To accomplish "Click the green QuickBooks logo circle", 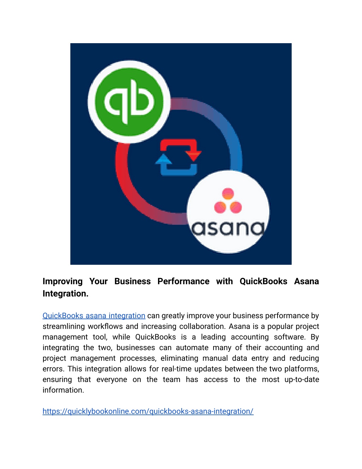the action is coord(129,102).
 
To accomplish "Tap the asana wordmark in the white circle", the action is coord(228,228).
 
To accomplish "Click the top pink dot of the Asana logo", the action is coord(228,194).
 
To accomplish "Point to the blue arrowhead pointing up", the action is coord(164,159).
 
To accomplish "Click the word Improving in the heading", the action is coord(63,281).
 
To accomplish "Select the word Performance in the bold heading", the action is coord(183,281).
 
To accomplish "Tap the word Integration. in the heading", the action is coord(65,293).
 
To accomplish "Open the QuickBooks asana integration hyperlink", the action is coord(94,315).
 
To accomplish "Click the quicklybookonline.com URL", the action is coord(148,411).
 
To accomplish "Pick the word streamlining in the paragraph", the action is coord(64,326).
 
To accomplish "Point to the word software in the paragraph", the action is coord(290,337).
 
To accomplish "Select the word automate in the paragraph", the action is coord(192,348).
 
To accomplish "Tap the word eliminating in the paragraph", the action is coord(179,358).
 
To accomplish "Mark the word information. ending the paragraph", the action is coord(63,390).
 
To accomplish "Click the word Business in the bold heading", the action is coord(133,281).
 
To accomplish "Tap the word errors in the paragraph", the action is coord(53,369).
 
